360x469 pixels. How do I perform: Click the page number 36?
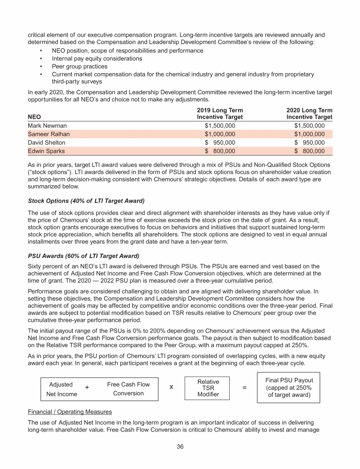click(180, 446)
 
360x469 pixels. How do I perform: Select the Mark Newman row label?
click(47, 126)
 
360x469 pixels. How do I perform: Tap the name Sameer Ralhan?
click(49, 134)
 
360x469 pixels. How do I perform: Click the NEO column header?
click(36, 117)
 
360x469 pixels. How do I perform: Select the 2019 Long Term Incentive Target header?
click(220, 113)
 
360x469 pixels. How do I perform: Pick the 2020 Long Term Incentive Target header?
click(309, 113)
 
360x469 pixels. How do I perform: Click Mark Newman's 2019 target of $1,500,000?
click(220, 126)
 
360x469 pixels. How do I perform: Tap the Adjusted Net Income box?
click(61, 389)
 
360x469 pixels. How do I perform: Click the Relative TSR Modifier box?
click(208, 388)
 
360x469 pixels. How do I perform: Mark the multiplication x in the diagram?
click(172, 387)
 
